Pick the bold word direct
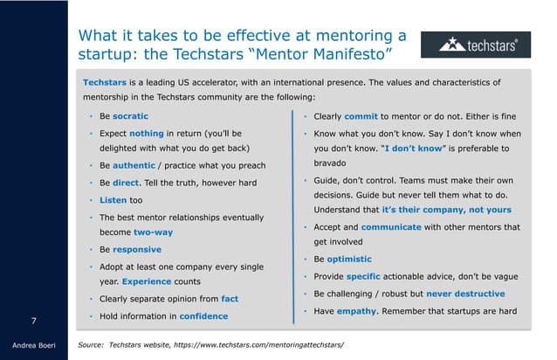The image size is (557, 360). [127, 183]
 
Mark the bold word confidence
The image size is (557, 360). [199, 315]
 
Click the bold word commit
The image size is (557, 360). [361, 116]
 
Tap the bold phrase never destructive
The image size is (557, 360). [464, 293]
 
